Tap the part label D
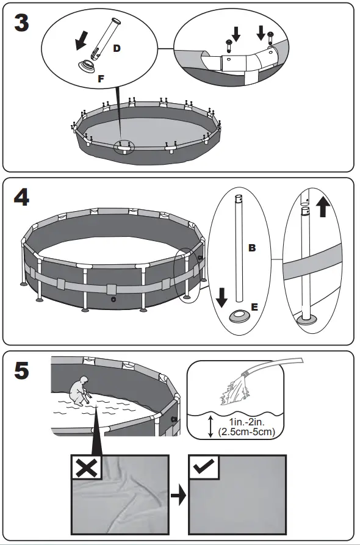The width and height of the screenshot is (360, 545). (117, 48)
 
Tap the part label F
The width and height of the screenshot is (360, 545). (102, 79)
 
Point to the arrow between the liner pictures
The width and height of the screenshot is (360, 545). (178, 496)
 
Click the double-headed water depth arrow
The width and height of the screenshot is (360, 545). (211, 426)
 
